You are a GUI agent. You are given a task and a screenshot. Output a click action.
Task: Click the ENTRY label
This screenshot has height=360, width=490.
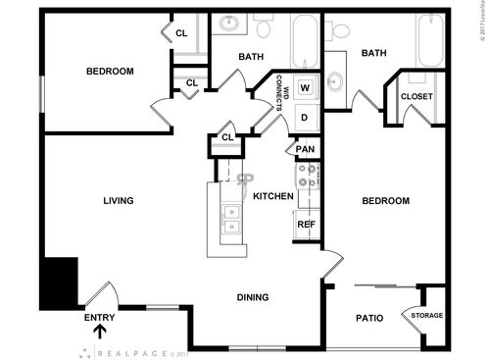click(x=100, y=317)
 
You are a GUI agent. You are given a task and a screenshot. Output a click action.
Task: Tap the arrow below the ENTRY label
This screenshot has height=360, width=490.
click(x=100, y=334)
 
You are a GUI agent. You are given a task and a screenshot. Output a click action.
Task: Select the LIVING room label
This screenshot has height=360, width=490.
click(x=118, y=201)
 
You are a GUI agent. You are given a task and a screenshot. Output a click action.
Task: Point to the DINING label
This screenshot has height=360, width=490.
click(x=254, y=297)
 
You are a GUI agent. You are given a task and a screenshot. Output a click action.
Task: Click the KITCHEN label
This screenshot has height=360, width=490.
click(x=273, y=196)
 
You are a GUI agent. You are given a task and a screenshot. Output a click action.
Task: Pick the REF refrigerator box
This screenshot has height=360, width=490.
click(x=306, y=225)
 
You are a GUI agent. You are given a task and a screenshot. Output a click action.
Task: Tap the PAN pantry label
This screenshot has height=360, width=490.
click(x=306, y=149)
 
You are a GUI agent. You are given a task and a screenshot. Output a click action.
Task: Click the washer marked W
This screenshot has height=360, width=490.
click(x=305, y=87)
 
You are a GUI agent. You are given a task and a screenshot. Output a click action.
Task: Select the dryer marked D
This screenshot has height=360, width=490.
click(x=305, y=118)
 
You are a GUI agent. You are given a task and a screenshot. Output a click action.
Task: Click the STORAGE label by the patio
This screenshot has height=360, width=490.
click(x=426, y=315)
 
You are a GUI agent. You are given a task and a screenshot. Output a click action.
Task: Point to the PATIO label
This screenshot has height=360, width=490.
click(x=367, y=318)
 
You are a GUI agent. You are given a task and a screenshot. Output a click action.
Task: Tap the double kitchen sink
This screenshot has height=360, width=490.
click(x=232, y=219)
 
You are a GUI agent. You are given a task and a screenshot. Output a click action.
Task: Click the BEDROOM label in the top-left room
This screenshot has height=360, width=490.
click(x=110, y=71)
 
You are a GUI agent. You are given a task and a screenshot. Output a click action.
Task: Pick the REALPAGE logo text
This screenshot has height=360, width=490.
click(x=136, y=352)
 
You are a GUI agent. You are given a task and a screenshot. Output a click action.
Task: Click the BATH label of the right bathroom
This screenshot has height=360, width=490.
click(x=373, y=53)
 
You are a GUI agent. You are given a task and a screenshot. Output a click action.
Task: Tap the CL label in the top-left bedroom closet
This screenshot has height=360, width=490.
click(x=181, y=33)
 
